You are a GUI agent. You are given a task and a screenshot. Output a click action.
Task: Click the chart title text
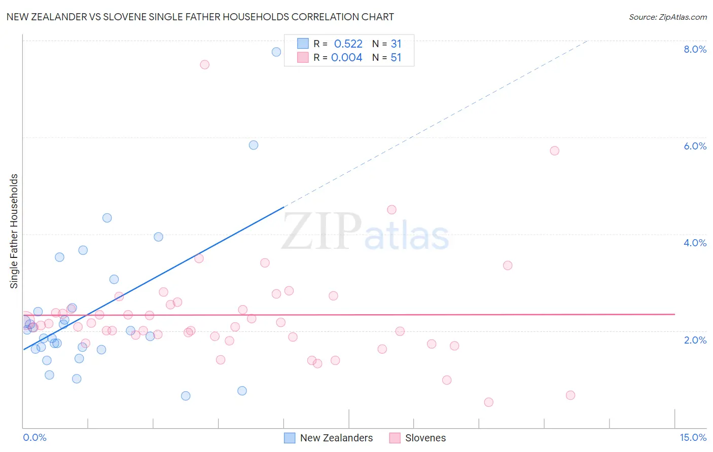pyautogui.click(x=200, y=17)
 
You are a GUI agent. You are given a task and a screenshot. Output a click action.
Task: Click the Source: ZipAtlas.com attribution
pyautogui.click(x=667, y=17)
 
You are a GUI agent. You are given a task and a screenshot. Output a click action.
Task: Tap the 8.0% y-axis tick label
pyautogui.click(x=695, y=49)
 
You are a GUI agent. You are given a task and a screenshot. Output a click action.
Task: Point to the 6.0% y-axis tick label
pyautogui.click(x=695, y=146)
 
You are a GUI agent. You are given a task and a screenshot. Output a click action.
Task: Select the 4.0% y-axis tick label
pyautogui.click(x=695, y=243)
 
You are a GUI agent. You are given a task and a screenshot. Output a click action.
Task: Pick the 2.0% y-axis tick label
pyautogui.click(x=695, y=340)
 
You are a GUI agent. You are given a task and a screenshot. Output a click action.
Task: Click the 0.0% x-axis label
pyautogui.click(x=34, y=437)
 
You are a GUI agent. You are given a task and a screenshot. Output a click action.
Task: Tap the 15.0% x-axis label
pyautogui.click(x=693, y=437)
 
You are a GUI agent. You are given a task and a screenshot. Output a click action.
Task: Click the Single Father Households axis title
pyautogui.click(x=14, y=231)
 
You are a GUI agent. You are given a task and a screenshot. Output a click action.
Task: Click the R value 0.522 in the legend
pyautogui.click(x=348, y=44)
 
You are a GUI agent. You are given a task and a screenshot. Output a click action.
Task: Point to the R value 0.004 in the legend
pyautogui.click(x=346, y=58)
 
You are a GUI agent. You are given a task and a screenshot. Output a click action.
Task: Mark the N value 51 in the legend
pyautogui.click(x=396, y=58)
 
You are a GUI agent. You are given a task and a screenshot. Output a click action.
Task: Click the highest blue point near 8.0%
pyautogui.click(x=276, y=52)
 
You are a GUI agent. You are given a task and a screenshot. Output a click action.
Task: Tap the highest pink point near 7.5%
pyautogui.click(x=204, y=64)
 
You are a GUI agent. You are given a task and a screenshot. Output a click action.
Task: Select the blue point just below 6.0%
pyautogui.click(x=254, y=145)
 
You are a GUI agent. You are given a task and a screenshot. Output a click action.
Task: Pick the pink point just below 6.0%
pyautogui.click(x=554, y=150)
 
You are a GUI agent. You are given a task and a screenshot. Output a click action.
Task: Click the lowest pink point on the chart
pyautogui.click(x=488, y=402)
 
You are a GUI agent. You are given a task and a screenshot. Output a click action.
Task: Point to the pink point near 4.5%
pyautogui.click(x=391, y=210)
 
